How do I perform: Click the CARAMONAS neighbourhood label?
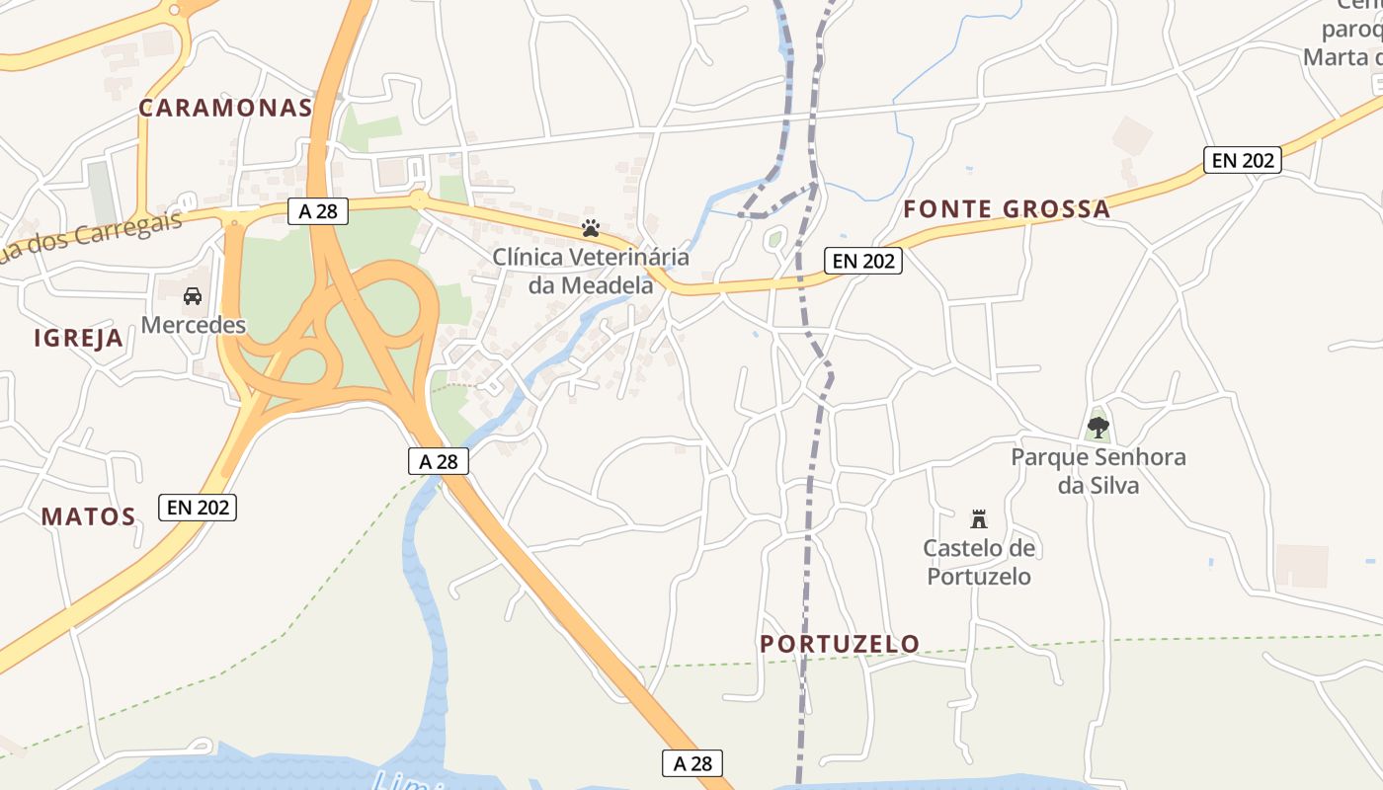tap(225, 108)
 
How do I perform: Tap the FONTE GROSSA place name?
tap(1007, 209)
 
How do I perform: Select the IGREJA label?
tap(79, 339)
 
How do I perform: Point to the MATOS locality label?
tap(88, 516)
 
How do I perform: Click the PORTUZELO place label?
tap(840, 644)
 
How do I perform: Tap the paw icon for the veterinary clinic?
tap(591, 228)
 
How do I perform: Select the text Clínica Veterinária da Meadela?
tap(591, 272)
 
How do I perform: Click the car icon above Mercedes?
tap(193, 295)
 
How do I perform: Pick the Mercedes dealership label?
tap(193, 324)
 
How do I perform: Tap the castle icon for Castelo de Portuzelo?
tap(979, 518)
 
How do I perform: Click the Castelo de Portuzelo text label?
tap(979, 562)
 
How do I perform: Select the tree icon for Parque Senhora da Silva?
tap(1098, 428)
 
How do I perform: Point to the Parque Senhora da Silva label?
tap(1098, 471)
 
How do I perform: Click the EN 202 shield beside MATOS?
tap(198, 508)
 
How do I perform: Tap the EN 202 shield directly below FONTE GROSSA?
tap(863, 261)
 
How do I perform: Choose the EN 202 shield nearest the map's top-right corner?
tap(1243, 160)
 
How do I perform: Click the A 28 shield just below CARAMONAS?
tap(318, 210)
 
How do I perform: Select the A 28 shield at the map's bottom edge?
tap(692, 763)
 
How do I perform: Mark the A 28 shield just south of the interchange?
tap(439, 461)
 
